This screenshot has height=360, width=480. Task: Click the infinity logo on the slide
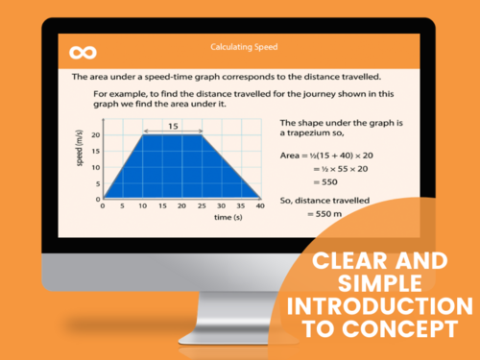(83, 51)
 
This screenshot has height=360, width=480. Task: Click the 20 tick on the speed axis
(94, 134)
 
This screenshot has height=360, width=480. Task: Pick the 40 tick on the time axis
(260, 205)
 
